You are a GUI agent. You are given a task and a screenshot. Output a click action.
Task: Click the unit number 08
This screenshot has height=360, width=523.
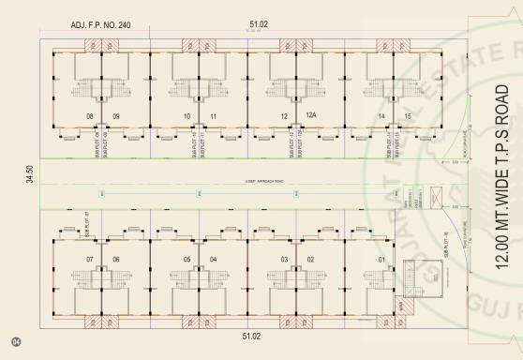click(x=90, y=115)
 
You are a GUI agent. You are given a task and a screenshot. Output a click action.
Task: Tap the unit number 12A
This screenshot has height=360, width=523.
click(x=311, y=115)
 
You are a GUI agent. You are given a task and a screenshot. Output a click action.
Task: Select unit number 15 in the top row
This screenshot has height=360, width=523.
click(x=408, y=115)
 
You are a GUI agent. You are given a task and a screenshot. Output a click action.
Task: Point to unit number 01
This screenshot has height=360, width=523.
click(x=381, y=259)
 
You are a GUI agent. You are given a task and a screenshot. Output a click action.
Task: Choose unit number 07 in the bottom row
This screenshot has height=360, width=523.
click(x=90, y=259)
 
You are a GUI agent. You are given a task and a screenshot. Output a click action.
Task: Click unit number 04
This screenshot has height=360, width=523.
click(x=214, y=259)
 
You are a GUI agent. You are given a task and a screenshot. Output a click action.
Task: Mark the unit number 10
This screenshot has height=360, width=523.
click(x=187, y=115)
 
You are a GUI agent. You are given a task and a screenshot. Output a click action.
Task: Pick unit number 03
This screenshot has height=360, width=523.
click(x=284, y=259)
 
